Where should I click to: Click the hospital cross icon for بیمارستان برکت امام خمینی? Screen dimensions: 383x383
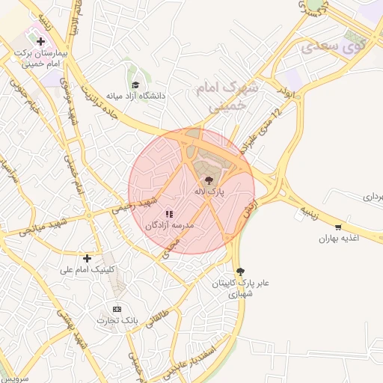click(40, 41)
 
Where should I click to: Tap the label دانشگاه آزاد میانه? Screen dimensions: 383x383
click(135, 96)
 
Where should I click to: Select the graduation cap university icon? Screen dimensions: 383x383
click(135, 85)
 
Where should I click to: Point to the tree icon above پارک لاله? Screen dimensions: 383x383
click(209, 180)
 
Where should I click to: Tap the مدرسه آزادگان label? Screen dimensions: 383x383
click(169, 224)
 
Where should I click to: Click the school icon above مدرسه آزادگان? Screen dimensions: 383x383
click(169, 213)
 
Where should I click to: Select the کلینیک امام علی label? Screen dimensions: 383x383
click(88, 269)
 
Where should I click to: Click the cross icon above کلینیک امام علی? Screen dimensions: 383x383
click(88, 258)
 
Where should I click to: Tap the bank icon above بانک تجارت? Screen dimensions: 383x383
click(116, 309)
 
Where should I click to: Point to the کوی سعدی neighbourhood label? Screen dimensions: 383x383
click(331, 47)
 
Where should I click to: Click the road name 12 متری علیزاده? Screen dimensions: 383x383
click(272, 120)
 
